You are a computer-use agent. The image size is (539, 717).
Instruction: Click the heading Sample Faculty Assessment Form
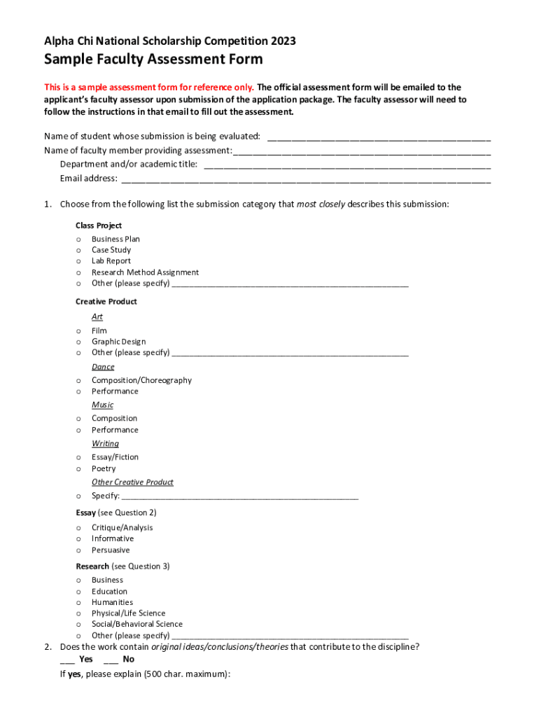153,60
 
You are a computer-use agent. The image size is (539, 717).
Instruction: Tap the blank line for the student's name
379,137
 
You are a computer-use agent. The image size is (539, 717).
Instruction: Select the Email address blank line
306,179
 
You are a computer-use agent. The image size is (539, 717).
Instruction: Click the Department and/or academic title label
129,165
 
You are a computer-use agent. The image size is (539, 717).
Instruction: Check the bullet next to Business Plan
78,239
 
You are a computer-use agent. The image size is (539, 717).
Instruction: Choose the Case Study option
111,250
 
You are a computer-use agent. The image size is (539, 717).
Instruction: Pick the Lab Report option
111,261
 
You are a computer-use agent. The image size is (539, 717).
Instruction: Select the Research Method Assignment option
145,272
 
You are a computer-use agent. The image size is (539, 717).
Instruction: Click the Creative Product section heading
106,302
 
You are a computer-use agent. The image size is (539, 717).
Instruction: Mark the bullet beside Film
78,331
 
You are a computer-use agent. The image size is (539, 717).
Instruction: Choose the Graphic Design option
118,342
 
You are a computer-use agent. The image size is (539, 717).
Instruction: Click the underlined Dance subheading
103,367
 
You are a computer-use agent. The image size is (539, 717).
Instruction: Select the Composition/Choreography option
141,380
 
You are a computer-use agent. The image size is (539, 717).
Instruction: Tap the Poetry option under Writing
104,468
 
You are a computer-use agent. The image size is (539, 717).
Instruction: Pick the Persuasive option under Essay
111,550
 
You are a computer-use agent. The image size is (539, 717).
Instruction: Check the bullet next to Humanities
78,603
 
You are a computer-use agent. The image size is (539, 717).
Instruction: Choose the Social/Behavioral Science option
136,624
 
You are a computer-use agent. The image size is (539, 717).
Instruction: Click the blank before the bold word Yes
67,660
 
